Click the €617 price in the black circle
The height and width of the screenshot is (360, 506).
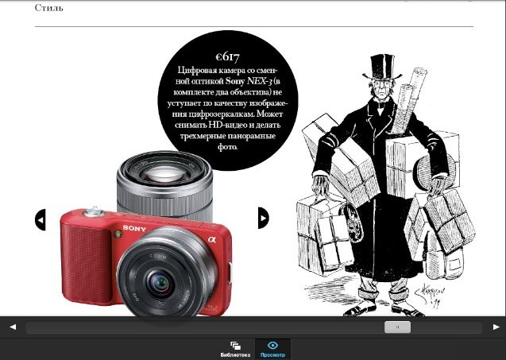pyautogui.click(x=228, y=57)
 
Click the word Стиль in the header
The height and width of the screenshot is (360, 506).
pyautogui.click(x=48, y=7)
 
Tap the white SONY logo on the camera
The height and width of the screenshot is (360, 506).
pyautogui.click(x=134, y=229)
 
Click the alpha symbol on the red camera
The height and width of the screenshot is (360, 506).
pyautogui.click(x=211, y=239)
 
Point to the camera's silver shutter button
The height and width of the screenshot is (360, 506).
pyautogui.click(x=93, y=212)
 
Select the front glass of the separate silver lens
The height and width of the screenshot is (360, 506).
pyautogui.click(x=164, y=173)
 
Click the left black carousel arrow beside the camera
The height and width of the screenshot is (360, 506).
pyautogui.click(x=41, y=219)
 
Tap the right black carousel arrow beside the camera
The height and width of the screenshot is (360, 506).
pyautogui.click(x=264, y=218)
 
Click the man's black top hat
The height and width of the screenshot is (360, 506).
pyautogui.click(x=382, y=68)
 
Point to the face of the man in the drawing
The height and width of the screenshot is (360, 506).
pyautogui.click(x=382, y=89)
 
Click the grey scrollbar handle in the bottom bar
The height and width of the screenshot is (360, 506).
pyautogui.click(x=397, y=327)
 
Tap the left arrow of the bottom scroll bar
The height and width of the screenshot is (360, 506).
pyautogui.click(x=13, y=327)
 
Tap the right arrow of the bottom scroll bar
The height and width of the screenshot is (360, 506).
pyautogui.click(x=496, y=327)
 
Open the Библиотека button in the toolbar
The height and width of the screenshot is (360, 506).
pyautogui.click(x=235, y=350)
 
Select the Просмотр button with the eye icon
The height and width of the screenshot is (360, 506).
pyautogui.click(x=272, y=350)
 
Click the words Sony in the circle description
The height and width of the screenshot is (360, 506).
pyautogui.click(x=235, y=81)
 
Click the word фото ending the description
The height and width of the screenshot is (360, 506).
pyautogui.click(x=227, y=147)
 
